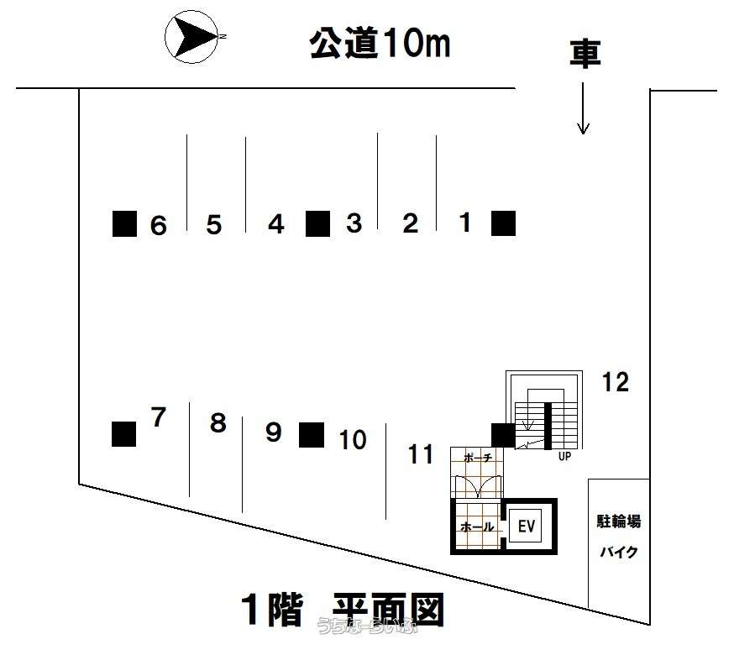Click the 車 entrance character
[x=585, y=53]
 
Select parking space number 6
[x=158, y=225]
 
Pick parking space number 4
[x=276, y=224]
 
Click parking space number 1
[x=466, y=223]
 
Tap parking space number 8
[x=218, y=423]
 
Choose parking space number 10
[x=354, y=439]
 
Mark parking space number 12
[x=616, y=382]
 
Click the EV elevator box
[x=527, y=527]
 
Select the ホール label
[x=476, y=527]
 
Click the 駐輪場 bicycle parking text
[x=619, y=521]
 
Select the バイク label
[x=619, y=553]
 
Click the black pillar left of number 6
[x=124, y=223]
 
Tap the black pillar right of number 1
[x=503, y=223]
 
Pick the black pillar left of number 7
[x=123, y=433]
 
